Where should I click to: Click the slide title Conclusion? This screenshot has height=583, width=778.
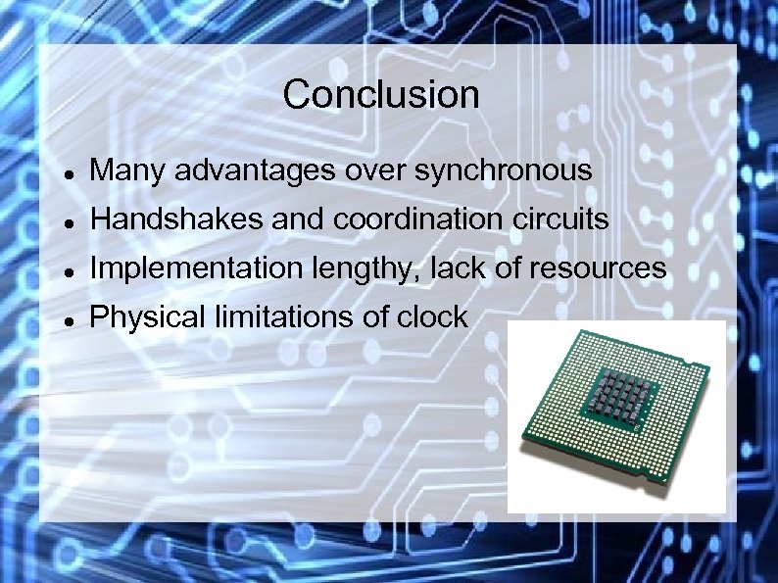(x=381, y=95)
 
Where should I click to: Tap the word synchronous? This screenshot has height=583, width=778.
(x=504, y=172)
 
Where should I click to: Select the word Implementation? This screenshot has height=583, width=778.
(x=182, y=269)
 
